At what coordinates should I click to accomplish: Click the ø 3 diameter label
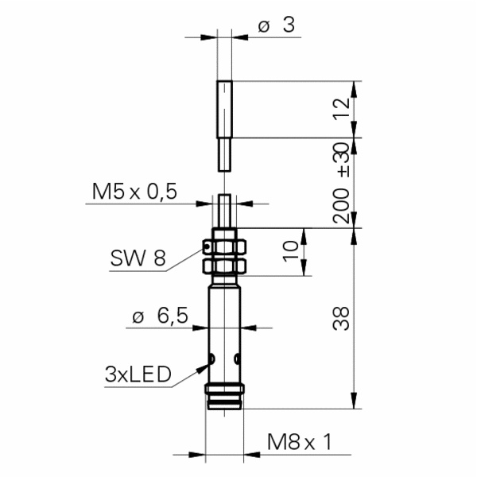pyautogui.click(x=276, y=25)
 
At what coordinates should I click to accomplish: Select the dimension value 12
pyautogui.click(x=343, y=109)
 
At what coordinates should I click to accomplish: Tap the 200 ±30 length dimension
pyautogui.click(x=343, y=183)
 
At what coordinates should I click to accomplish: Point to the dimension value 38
pyautogui.click(x=343, y=318)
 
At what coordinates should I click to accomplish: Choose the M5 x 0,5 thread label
pyautogui.click(x=134, y=192)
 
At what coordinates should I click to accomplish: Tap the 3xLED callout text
pyautogui.click(x=138, y=374)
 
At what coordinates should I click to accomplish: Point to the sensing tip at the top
pyautogui.click(x=225, y=108)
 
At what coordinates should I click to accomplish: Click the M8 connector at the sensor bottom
pyautogui.click(x=225, y=397)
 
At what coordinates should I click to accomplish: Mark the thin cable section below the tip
pyautogui.click(x=225, y=153)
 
